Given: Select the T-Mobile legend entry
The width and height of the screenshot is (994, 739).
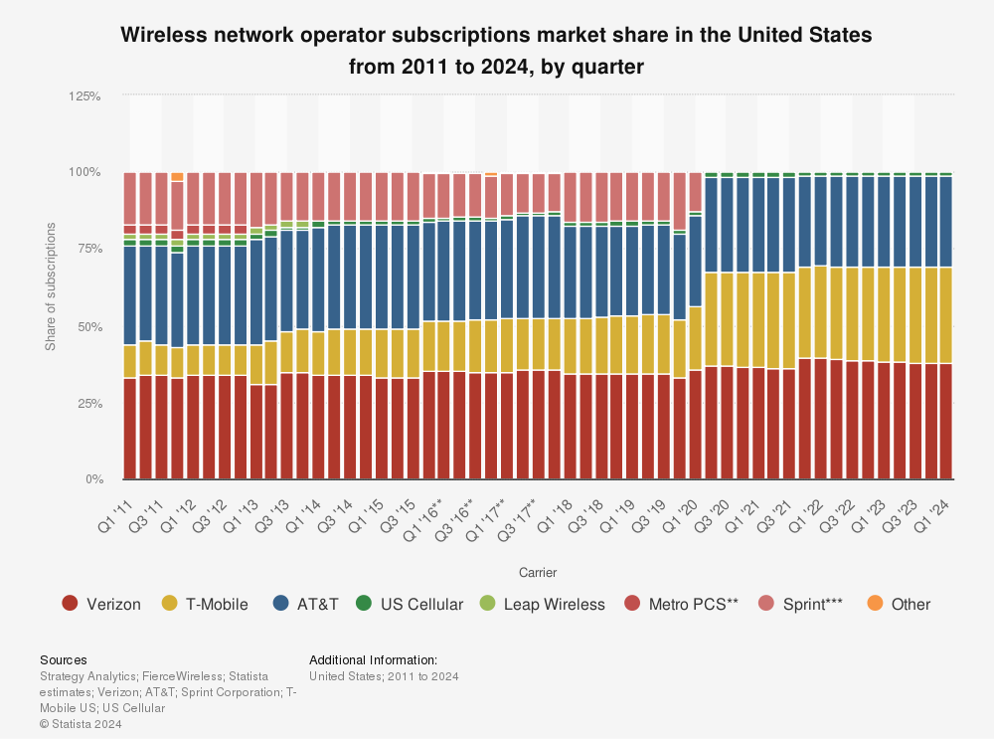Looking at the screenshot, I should tap(204, 604).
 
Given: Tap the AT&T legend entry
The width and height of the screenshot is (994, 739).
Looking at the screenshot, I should tap(306, 604).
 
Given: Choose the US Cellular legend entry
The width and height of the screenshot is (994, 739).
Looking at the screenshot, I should tap(410, 604).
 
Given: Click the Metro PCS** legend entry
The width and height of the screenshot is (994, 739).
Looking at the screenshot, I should tap(680, 604).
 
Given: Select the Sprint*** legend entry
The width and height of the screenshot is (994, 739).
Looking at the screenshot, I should tap(799, 604).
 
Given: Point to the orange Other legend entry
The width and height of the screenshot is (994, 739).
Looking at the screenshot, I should tap(899, 604).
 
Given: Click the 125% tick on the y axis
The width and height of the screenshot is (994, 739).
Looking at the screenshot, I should tap(85, 95).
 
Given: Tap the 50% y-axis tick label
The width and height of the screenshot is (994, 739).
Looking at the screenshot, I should tap(88, 326).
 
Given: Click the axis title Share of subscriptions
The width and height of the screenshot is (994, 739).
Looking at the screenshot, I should tap(51, 288).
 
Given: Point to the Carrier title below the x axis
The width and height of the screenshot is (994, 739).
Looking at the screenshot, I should tap(538, 572).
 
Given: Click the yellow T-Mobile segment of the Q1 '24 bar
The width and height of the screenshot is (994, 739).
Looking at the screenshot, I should tap(946, 315).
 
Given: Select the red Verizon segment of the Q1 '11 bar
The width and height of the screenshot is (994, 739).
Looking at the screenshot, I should tap(129, 428).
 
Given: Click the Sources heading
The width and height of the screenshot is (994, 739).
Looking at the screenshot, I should tap(63, 659).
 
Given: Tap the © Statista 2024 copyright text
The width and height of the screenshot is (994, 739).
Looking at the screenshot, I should tap(81, 724).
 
